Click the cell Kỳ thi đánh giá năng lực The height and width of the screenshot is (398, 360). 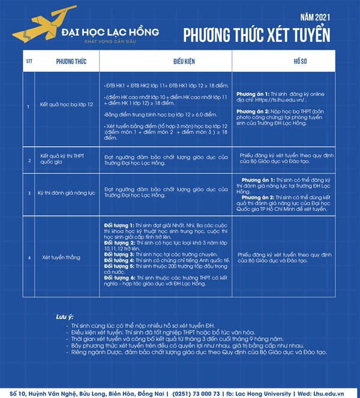tap(67, 192)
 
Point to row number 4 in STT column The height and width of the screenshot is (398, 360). tap(29, 257)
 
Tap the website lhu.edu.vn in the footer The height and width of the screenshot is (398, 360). tap(337, 393)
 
